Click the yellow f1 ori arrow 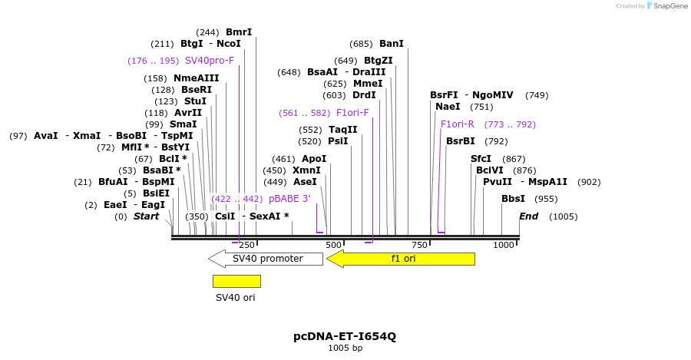(x=401, y=259)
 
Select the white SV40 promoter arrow (x=266, y=259)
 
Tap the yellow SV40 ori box (x=236, y=281)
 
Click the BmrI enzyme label (x=239, y=32)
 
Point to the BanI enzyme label (x=392, y=44)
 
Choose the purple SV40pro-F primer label (x=210, y=61)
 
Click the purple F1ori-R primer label (x=458, y=124)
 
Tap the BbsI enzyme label (x=513, y=199)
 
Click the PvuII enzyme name (x=498, y=182)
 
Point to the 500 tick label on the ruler (x=332, y=245)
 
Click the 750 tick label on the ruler (x=419, y=245)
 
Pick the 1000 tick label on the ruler (x=504, y=245)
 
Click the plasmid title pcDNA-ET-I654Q (x=345, y=336)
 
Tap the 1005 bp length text (x=345, y=348)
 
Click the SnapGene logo (x=665, y=6)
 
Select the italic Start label (x=147, y=216)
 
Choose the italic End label (x=529, y=216)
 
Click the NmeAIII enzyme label (x=197, y=78)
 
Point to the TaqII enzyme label (x=343, y=130)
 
